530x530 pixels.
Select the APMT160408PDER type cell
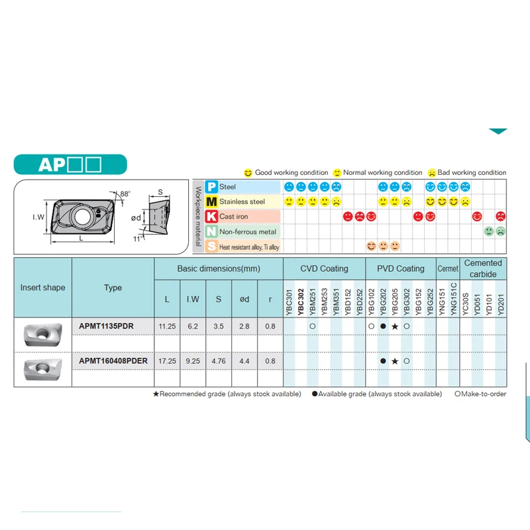pos(113,361)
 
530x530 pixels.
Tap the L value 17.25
pos(166,361)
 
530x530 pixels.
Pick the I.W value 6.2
pos(192,327)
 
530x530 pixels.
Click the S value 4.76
pos(219,361)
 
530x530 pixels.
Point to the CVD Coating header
pos(324,268)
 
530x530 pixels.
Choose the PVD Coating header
pos(401,268)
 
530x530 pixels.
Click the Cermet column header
pos(448,268)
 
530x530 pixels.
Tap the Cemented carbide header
pos(483,268)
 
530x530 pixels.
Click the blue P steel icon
pos(211,187)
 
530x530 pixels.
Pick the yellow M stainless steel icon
pos(211,202)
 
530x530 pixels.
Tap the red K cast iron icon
pos(211,217)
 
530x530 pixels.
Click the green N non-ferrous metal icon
pos(211,231)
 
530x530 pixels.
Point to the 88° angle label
pos(125,193)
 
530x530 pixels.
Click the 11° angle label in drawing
pos(137,238)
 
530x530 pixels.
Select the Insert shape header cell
pos(43,288)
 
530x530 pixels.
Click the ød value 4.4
pos(244,361)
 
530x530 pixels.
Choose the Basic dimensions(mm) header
pos(219,269)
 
